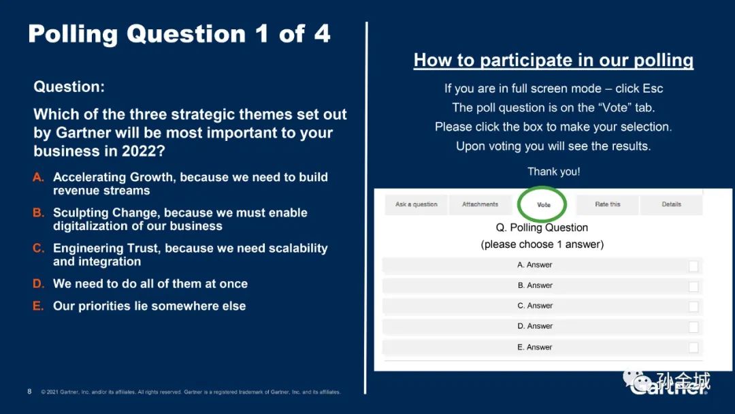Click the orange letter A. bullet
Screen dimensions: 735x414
pos(38,177)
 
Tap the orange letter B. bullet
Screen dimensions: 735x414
pos(38,213)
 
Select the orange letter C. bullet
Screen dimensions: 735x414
pos(38,248)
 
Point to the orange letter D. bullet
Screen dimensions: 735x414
pos(38,284)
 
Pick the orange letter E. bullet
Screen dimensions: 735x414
pos(38,306)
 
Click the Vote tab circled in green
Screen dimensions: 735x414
pos(544,205)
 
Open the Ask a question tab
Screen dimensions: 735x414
pos(416,204)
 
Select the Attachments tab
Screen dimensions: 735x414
pos(480,204)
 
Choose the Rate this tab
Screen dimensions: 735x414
pos(608,204)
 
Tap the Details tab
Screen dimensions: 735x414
pos(671,204)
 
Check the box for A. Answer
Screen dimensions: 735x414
pos(693,266)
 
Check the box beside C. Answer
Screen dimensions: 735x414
pos(693,306)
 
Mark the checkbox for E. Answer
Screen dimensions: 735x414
pos(693,347)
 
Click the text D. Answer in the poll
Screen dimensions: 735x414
pos(535,326)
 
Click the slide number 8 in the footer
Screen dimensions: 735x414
pos(29,392)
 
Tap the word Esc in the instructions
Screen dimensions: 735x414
pos(653,89)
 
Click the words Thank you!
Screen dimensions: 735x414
pos(553,172)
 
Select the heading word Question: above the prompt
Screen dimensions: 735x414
pos(69,86)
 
